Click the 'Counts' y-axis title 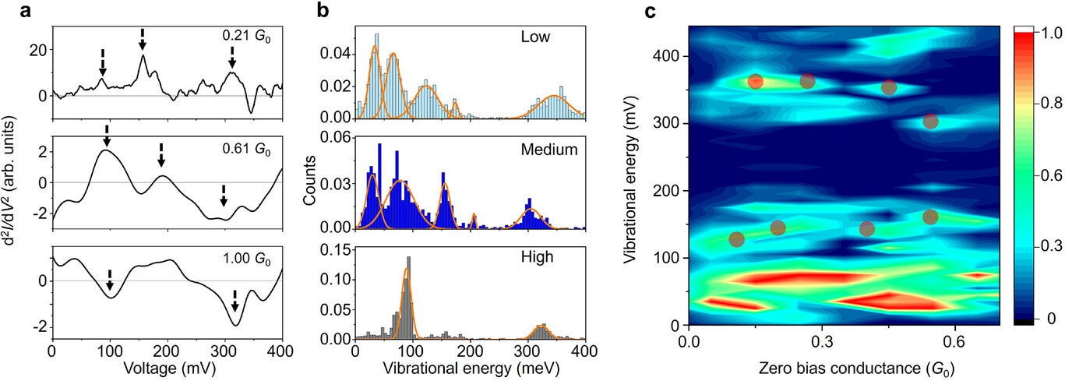click(311, 184)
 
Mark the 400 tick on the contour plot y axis click(668, 56)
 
